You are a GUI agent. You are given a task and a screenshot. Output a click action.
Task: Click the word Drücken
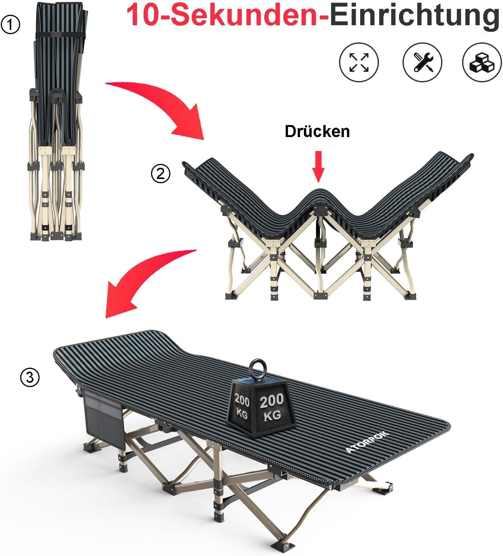(x=317, y=132)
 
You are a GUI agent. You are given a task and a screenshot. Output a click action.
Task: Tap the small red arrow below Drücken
(x=318, y=167)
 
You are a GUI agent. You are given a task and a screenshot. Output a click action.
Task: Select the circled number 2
(x=160, y=174)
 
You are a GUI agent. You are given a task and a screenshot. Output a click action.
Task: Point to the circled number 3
(x=30, y=377)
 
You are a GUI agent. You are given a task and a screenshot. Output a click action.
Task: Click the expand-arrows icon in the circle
(x=359, y=62)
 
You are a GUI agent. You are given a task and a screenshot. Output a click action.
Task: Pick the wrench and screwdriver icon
(x=422, y=62)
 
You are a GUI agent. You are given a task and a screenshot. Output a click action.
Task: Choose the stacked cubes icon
(x=482, y=62)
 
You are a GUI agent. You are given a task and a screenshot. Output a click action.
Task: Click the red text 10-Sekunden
(x=227, y=16)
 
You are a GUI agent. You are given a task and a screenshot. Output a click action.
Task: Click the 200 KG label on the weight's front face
(x=272, y=408)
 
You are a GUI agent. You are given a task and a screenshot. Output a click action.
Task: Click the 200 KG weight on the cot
(x=258, y=404)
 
